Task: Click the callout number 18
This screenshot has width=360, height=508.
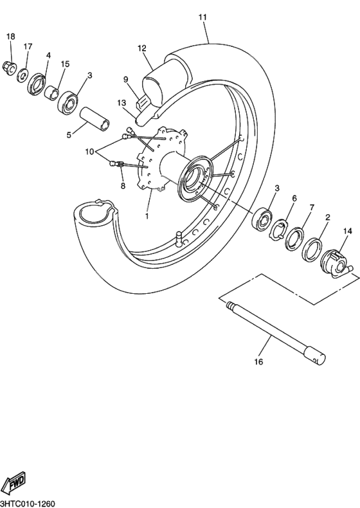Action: (x=10, y=37)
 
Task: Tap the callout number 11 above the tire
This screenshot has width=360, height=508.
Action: (x=203, y=17)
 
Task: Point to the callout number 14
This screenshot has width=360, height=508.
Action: (x=347, y=231)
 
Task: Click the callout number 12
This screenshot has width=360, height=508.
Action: (x=141, y=48)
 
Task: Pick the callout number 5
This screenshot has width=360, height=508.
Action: (x=69, y=136)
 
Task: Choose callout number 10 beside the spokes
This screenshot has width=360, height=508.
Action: (x=90, y=152)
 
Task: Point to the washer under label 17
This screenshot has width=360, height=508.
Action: (x=23, y=76)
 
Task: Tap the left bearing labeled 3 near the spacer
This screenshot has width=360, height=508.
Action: (x=67, y=101)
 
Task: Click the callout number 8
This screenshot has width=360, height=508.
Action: (x=122, y=186)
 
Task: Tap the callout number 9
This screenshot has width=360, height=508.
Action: (x=127, y=80)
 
